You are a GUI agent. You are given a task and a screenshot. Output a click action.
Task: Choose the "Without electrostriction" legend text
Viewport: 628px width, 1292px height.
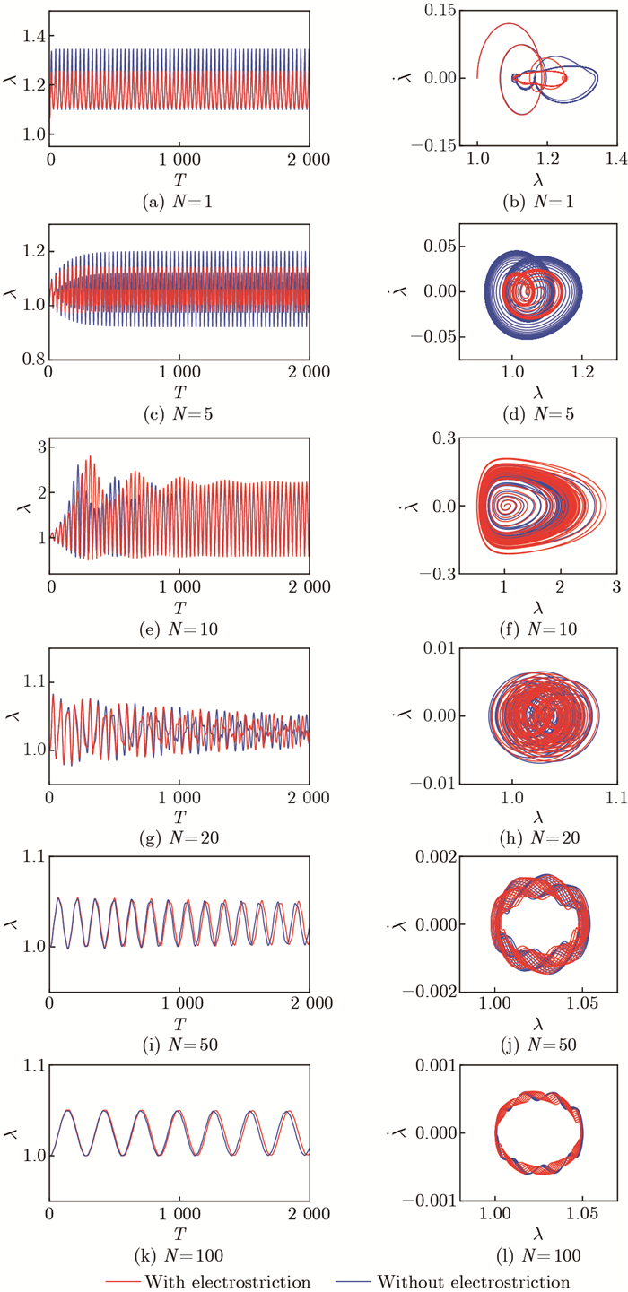tap(475, 1280)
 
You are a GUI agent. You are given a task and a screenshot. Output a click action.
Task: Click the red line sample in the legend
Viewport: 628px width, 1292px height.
tap(128, 1280)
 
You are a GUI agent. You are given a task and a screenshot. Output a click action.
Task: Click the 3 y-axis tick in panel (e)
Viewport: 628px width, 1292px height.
tap(37, 447)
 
